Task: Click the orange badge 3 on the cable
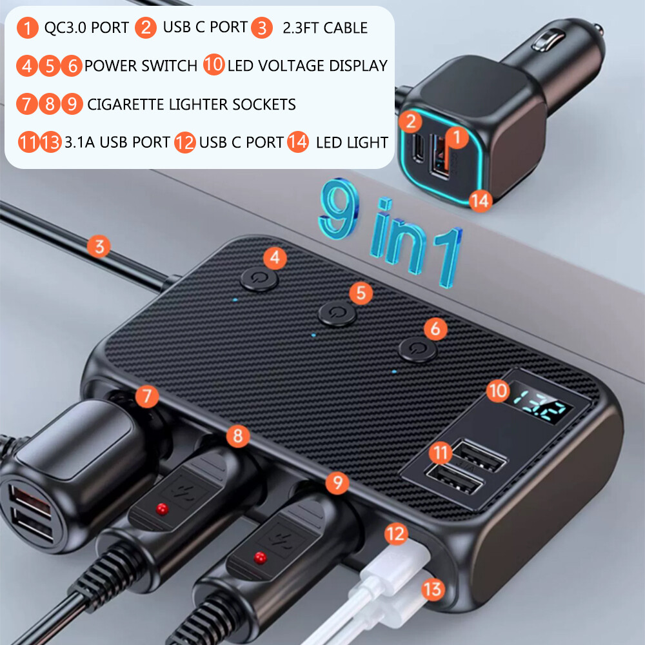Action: tap(99, 246)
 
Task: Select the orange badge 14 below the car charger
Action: tap(480, 201)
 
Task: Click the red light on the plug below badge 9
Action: tap(259, 555)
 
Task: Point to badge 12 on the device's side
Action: tap(396, 533)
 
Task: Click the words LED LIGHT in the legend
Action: tap(352, 143)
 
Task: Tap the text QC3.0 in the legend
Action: tap(64, 28)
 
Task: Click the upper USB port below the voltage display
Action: tap(479, 456)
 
